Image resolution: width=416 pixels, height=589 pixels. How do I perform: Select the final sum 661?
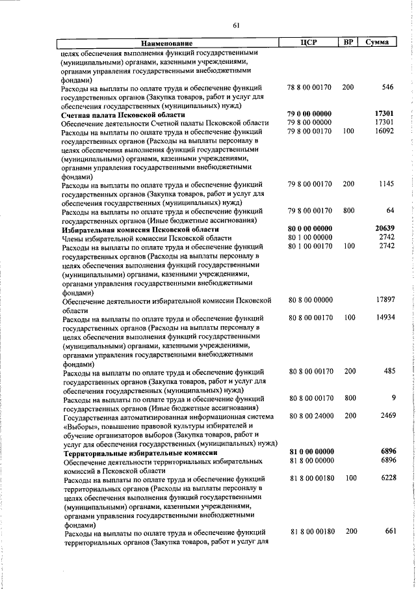pos(390,531)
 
